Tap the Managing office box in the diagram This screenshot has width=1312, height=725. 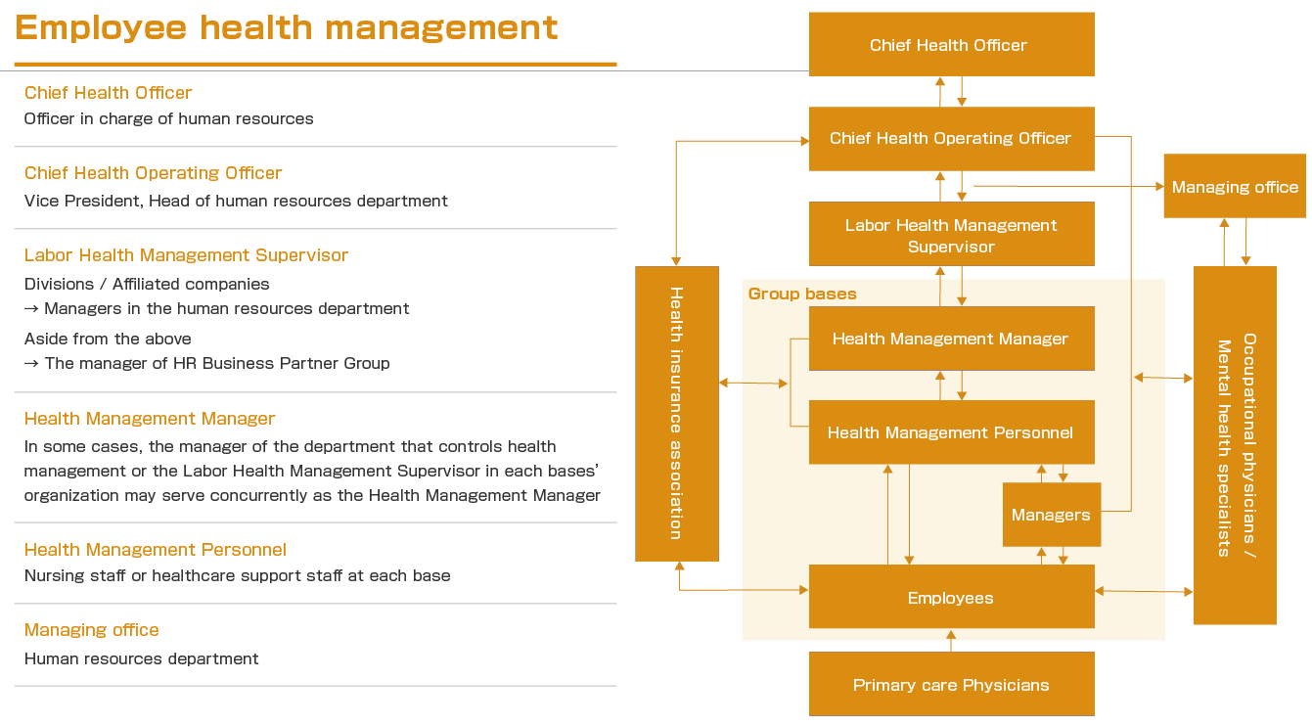pyautogui.click(x=1235, y=187)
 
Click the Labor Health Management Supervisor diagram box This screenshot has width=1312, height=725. pyautogui.click(x=951, y=235)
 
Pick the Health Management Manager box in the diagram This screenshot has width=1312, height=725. pyautogui.click(x=951, y=339)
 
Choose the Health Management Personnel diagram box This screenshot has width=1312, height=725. pyautogui.click(x=951, y=432)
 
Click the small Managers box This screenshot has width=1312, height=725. pyautogui.click(x=1051, y=515)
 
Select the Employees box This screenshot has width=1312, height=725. pyautogui.click(x=951, y=598)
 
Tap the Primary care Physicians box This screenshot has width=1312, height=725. pyautogui.click(x=951, y=685)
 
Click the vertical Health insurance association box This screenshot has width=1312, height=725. pyautogui.click(x=676, y=413)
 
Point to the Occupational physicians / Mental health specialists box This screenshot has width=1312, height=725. pyautogui.click(x=1235, y=445)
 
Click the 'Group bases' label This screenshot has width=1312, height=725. pyautogui.click(x=802, y=294)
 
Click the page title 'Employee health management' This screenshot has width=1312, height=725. pyautogui.click(x=287, y=28)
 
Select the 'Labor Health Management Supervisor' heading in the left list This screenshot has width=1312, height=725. pyautogui.click(x=186, y=255)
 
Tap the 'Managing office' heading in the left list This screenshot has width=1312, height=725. pyautogui.click(x=92, y=630)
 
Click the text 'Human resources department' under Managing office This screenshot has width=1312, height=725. pyautogui.click(x=142, y=658)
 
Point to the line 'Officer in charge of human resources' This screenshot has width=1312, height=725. pyautogui.click(x=169, y=118)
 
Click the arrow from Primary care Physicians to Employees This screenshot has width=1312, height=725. pyautogui.click(x=951, y=641)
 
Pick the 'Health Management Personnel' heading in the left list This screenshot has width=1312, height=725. pyautogui.click(x=156, y=550)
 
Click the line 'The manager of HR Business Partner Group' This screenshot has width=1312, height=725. pyautogui.click(x=216, y=363)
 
